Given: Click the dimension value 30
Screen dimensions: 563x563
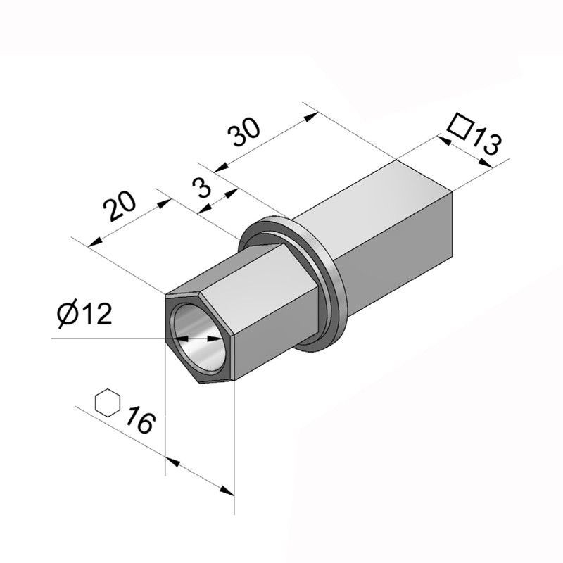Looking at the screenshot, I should (246, 132).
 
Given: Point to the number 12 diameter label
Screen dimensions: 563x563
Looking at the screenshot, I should (95, 315).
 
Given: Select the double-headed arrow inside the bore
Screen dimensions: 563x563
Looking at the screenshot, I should (198, 339).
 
